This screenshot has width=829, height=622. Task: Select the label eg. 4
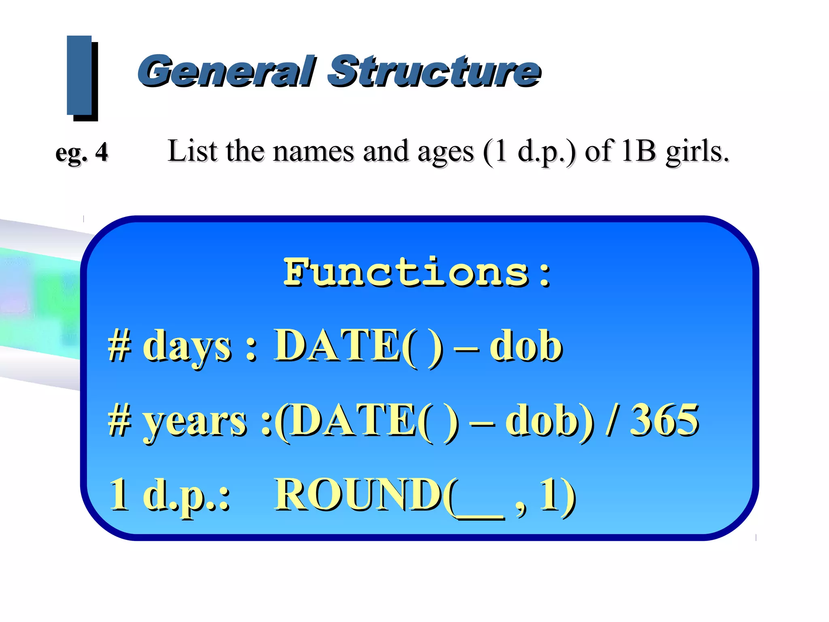pyautogui.click(x=82, y=153)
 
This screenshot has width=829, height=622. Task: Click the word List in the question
pyautogui.click(x=192, y=151)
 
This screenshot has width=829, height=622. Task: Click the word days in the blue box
pyautogui.click(x=187, y=347)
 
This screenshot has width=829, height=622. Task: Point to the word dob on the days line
pyautogui.click(x=526, y=346)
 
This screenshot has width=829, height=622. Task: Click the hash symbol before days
pyautogui.click(x=119, y=347)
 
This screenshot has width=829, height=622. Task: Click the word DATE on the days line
pyautogui.click(x=338, y=345)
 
